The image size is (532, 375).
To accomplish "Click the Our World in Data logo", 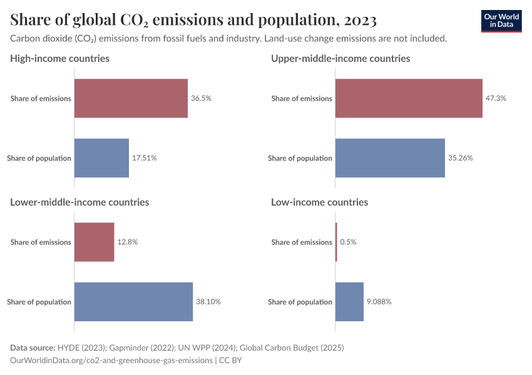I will point(501,21).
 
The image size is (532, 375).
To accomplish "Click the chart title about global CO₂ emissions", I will point(193,21).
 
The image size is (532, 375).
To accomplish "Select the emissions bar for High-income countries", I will point(131,98).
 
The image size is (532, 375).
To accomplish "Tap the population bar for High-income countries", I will point(101,158).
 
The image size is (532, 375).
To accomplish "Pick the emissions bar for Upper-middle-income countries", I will point(409,98).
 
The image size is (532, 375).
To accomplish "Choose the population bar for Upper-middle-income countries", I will point(390,158).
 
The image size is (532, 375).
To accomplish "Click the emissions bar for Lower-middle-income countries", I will point(95,242).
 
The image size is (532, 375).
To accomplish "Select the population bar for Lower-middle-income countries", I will point(133,302).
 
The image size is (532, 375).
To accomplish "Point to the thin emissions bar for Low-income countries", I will point(336,242).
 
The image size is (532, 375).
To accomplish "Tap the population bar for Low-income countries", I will point(349,302).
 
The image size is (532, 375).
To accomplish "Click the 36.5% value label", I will point(202,98).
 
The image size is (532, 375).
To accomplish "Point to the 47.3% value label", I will point(496,98).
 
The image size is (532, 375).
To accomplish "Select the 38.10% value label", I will point(208,302).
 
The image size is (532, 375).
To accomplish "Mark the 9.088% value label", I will point(379,302).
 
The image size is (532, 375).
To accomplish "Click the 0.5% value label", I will point(348,242).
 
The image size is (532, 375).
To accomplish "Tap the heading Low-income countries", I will point(319,202).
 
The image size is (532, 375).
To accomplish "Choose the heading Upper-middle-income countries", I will point(340,59).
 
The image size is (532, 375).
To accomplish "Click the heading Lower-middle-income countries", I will point(79,202).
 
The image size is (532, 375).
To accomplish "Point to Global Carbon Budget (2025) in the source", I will point(294,347).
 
